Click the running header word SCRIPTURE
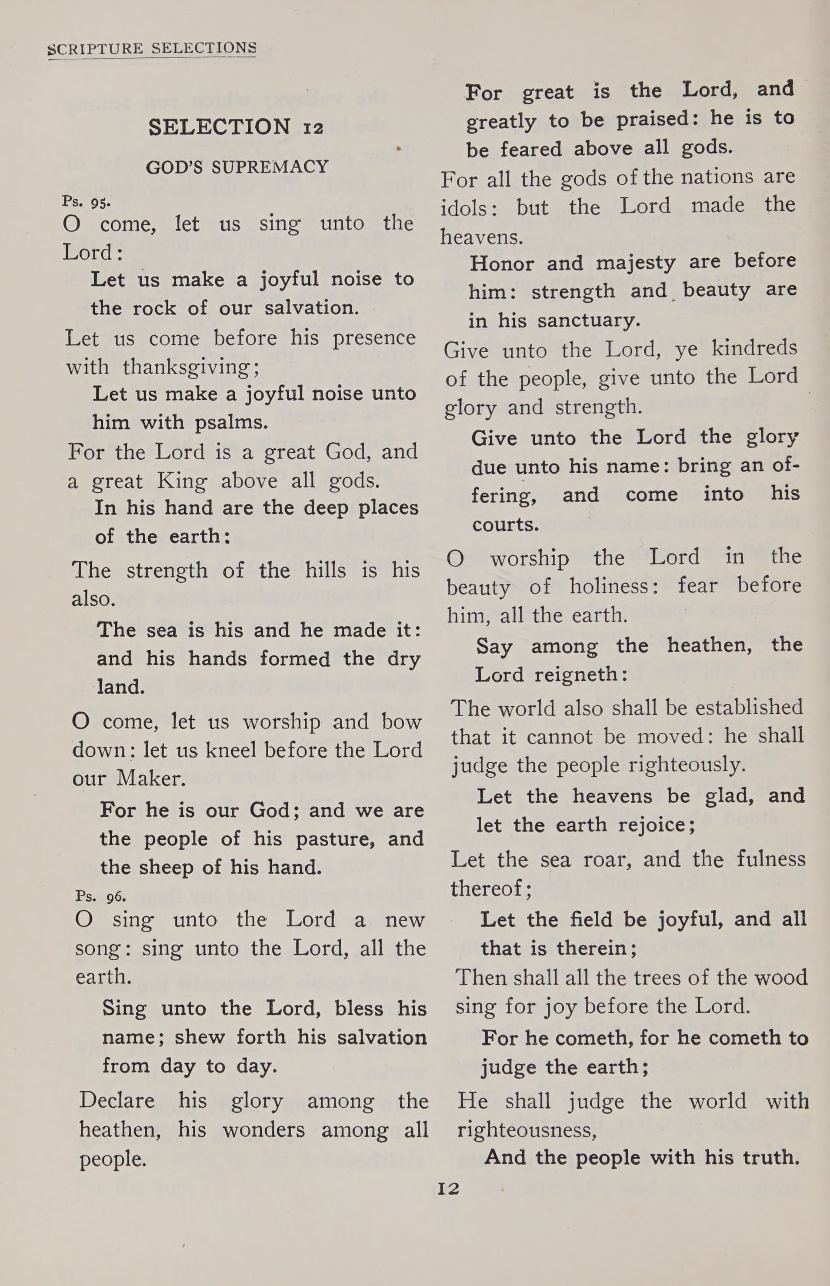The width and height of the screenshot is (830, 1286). [x=95, y=49]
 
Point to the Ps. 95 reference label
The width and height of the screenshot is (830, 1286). [x=86, y=202]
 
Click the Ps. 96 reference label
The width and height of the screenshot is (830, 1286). [x=101, y=896]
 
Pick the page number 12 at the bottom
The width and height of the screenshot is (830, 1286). [x=448, y=1189]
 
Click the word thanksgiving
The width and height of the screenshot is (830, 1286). [x=191, y=368]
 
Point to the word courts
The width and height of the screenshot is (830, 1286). [x=505, y=524]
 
